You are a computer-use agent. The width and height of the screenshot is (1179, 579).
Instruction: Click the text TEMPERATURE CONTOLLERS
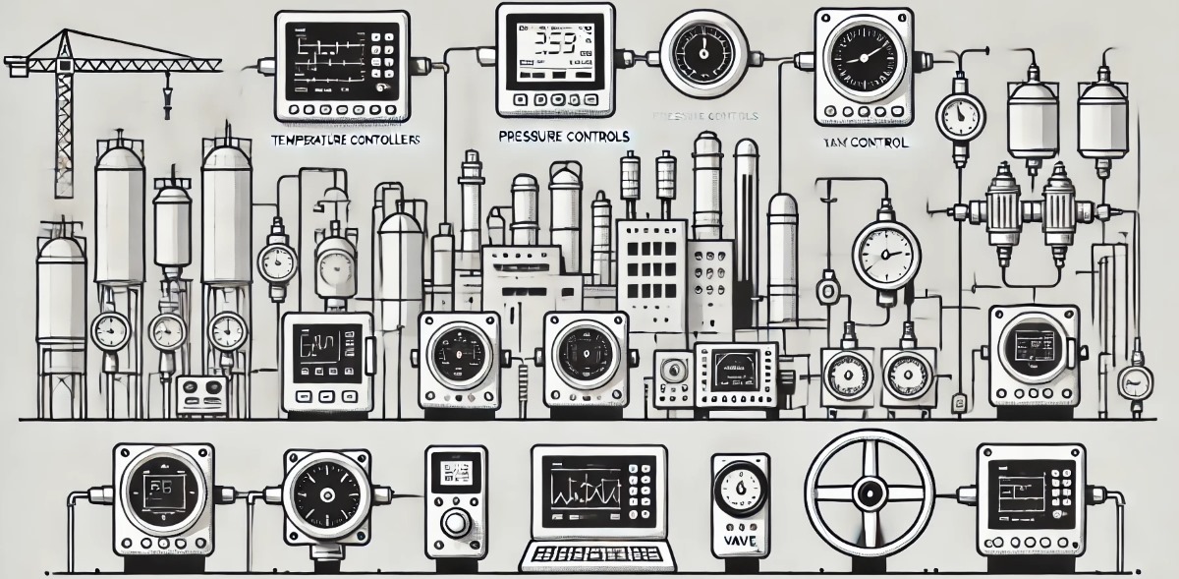point(345,141)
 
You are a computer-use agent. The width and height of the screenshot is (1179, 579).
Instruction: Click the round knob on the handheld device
point(455,522)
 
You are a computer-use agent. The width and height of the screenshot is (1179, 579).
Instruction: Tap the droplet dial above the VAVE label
point(737,487)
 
